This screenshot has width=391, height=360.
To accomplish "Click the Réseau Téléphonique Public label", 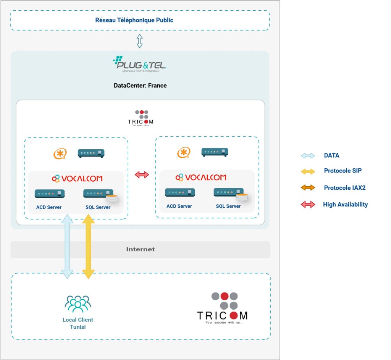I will [x=134, y=20].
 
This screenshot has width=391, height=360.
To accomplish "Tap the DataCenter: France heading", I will [x=140, y=85].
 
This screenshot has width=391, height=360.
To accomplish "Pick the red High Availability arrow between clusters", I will [x=142, y=175].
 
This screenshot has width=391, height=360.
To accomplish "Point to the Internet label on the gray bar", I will [x=141, y=249].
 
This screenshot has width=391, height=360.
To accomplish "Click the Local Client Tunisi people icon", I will [x=78, y=304].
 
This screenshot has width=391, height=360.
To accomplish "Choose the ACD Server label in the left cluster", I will [x=48, y=207].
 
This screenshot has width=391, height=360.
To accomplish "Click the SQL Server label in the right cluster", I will [x=228, y=206].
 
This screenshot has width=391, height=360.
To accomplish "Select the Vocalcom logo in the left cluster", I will [x=77, y=178].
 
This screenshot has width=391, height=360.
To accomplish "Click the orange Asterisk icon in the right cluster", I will [x=184, y=153].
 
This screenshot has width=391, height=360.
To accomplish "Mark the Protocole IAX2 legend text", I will [x=344, y=187].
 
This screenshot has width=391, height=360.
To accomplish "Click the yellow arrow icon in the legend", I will [x=308, y=171].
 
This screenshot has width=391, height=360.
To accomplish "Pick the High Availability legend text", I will [x=345, y=204].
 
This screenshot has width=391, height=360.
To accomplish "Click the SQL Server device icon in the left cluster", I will [x=99, y=194].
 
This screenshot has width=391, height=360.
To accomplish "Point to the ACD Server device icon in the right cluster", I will [x=180, y=192].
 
